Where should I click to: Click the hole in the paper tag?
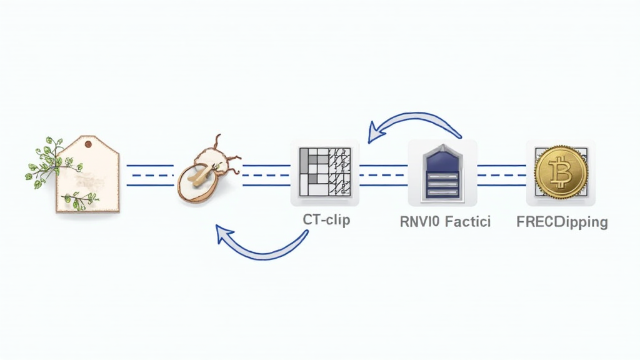(x=88, y=144)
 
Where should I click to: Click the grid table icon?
(x=324, y=173)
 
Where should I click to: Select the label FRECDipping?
(x=562, y=221)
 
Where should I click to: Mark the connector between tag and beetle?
(x=150, y=176)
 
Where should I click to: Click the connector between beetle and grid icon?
(x=266, y=176)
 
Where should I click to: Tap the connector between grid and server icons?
(x=383, y=176)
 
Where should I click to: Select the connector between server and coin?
(x=501, y=176)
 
